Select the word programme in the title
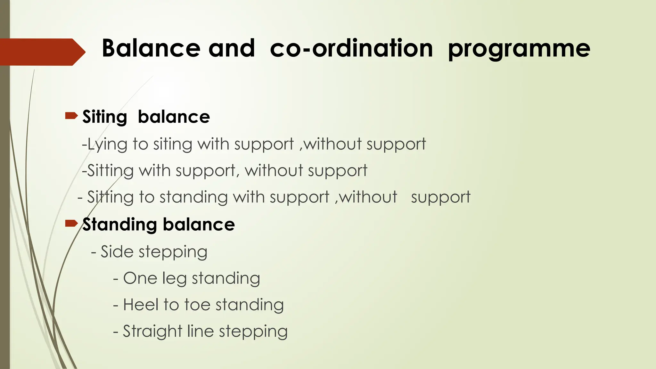tap(519, 49)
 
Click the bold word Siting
tap(105, 117)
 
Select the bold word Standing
tap(119, 225)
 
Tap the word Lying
tap(107, 144)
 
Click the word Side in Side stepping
tap(117, 251)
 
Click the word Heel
tap(141, 305)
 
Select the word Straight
tap(152, 332)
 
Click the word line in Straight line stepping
tap(200, 331)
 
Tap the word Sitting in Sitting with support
tap(111, 171)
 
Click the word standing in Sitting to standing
tap(193, 197)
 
